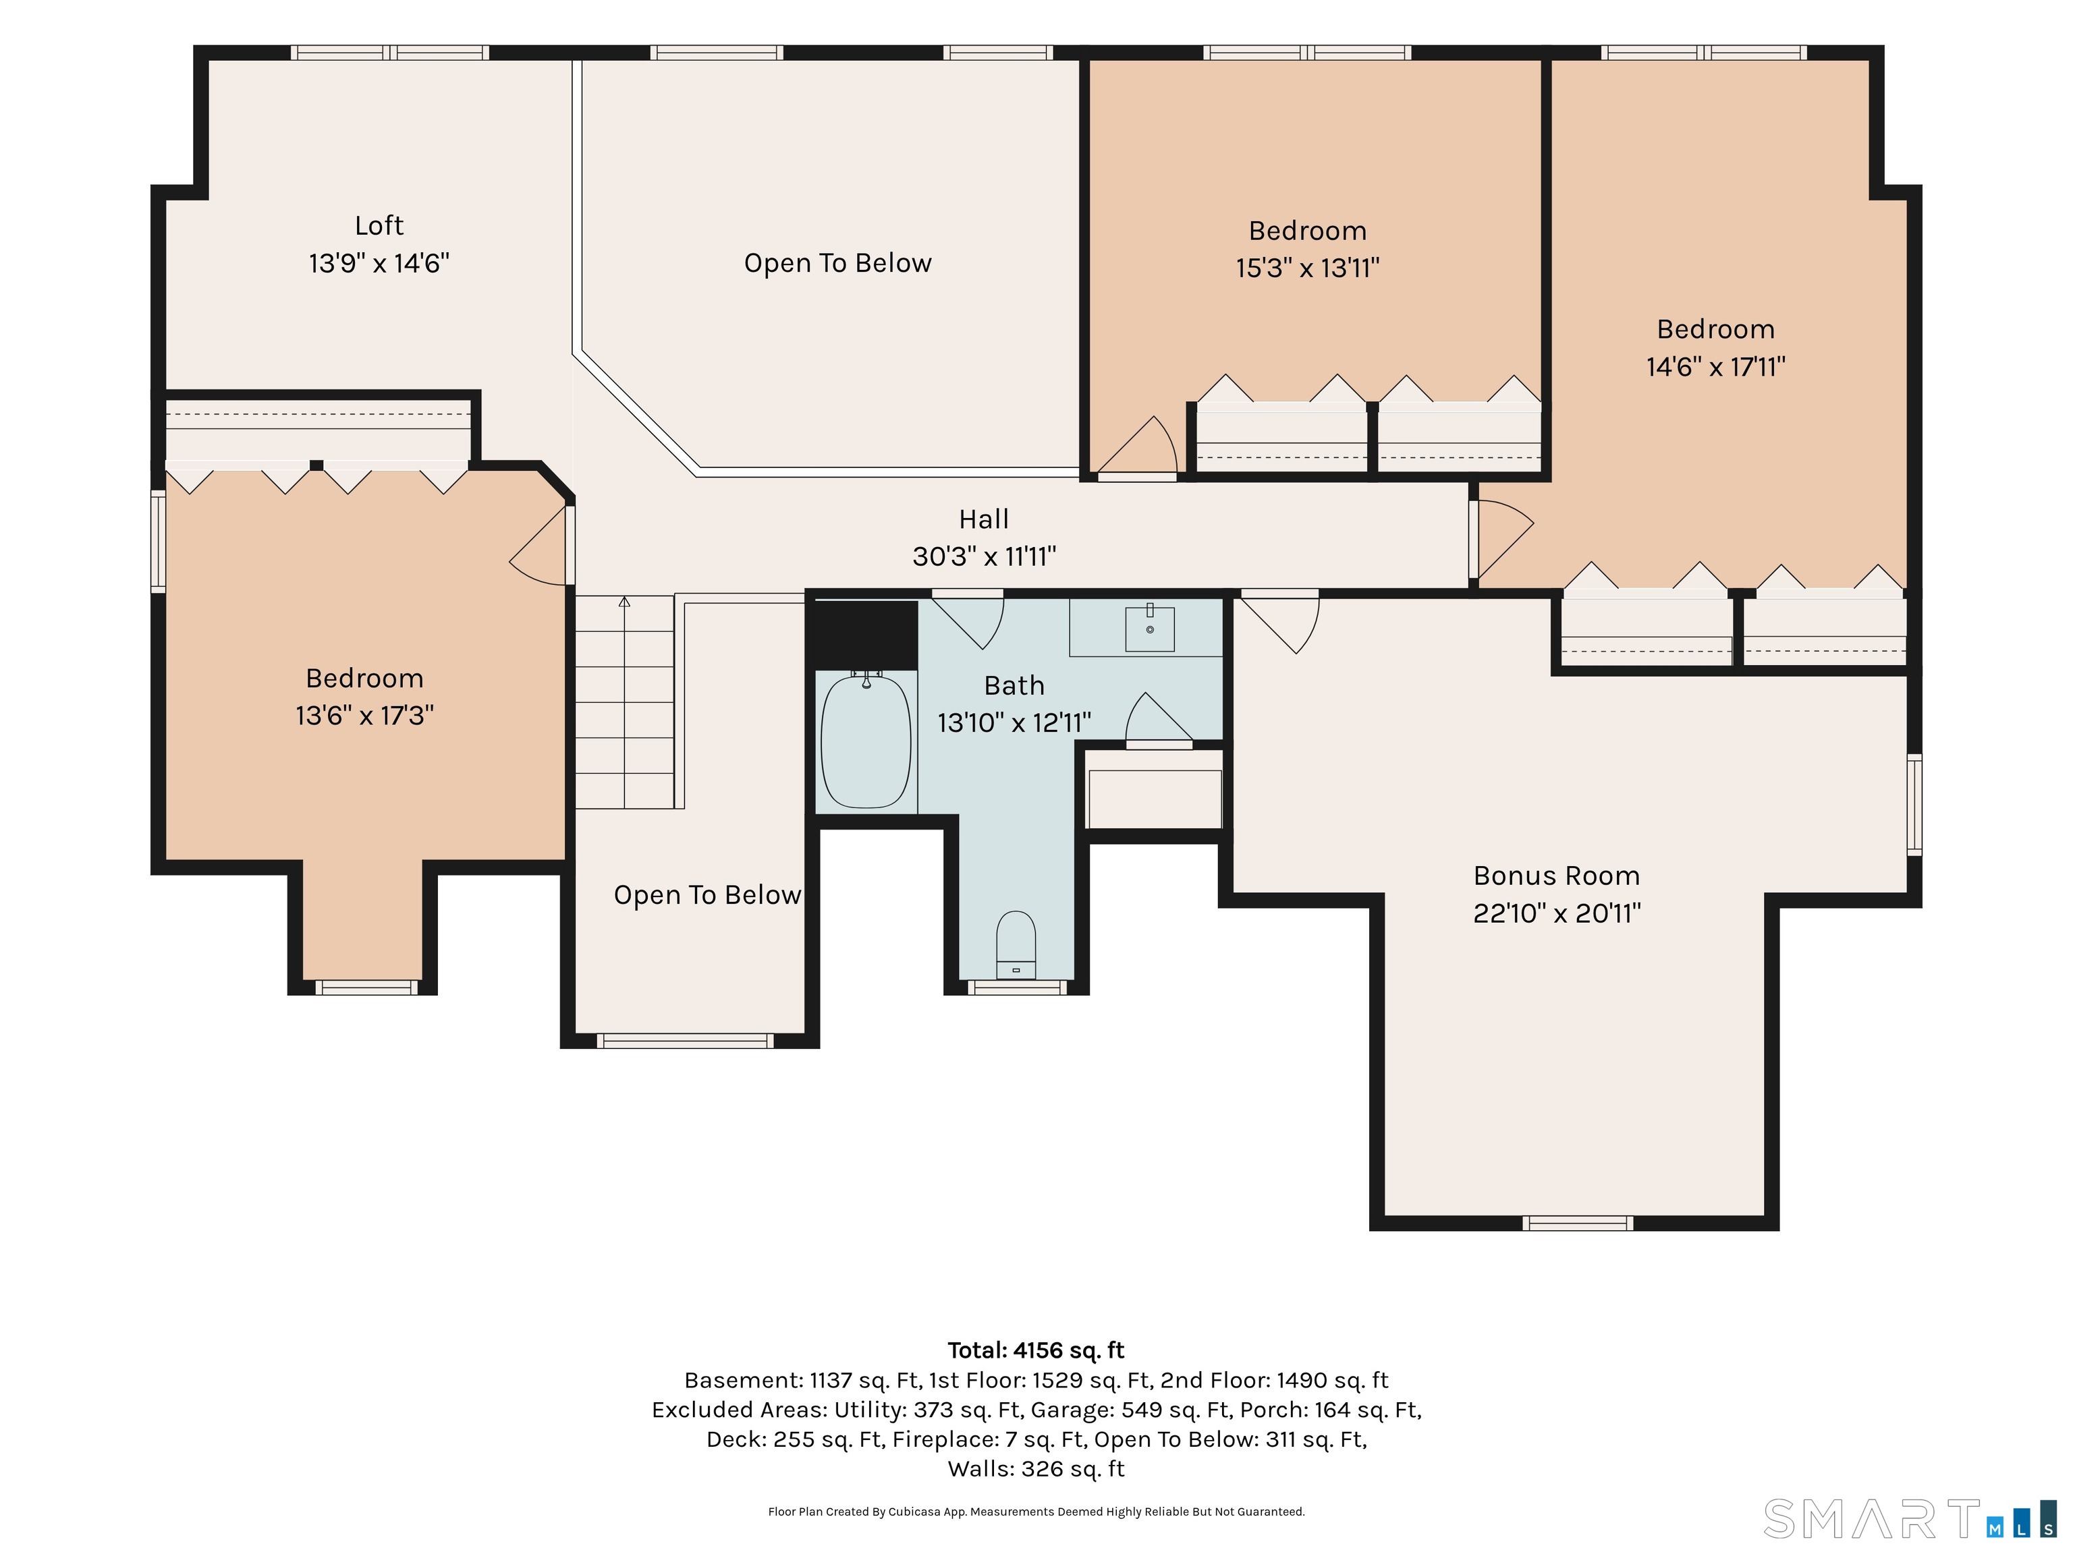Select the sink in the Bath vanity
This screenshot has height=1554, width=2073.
click(x=1149, y=627)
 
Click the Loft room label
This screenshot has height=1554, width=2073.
click(x=379, y=226)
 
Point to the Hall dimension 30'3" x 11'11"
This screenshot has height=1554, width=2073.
click(x=984, y=556)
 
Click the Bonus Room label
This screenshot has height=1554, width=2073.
click(x=1557, y=876)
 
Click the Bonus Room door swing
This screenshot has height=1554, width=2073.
click(x=1280, y=623)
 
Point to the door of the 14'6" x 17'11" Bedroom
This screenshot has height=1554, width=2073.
click(x=1501, y=539)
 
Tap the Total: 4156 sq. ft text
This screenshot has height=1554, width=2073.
click(x=1036, y=1350)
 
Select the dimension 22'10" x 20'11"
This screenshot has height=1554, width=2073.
click(x=1557, y=913)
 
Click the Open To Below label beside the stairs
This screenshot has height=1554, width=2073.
click(x=708, y=896)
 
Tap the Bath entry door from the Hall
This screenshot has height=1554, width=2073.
click(x=967, y=618)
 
